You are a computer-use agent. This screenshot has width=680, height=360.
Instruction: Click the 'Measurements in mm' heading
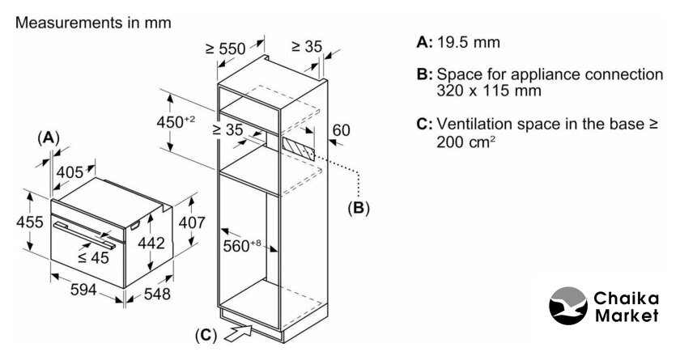(93, 23)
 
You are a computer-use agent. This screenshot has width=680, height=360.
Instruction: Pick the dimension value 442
(151, 243)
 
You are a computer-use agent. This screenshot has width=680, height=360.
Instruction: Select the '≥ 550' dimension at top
(225, 49)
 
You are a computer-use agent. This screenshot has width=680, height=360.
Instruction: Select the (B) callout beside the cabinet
(358, 208)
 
